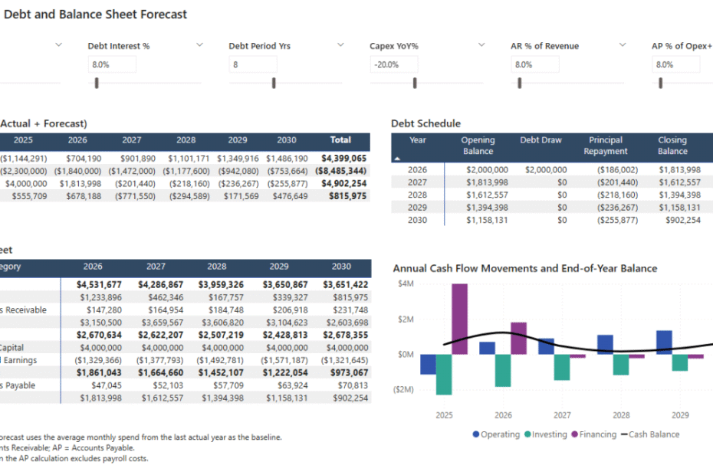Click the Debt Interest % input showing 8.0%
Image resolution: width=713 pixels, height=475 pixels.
click(112, 64)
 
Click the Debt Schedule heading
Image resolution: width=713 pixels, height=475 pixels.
click(426, 123)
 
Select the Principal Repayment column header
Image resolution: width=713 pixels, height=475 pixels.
click(605, 146)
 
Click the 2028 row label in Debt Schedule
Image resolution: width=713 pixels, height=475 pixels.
click(418, 195)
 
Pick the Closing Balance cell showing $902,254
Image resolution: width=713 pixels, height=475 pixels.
click(678, 219)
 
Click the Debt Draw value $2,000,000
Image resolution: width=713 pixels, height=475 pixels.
click(546, 170)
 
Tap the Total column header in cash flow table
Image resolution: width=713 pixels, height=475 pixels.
click(340, 140)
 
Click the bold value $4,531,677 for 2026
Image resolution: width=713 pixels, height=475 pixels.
click(99, 285)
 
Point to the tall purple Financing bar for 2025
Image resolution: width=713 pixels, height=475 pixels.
click(459, 319)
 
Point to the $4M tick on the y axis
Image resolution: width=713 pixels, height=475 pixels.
click(406, 284)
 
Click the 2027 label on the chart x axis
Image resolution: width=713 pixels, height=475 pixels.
click(561, 415)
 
